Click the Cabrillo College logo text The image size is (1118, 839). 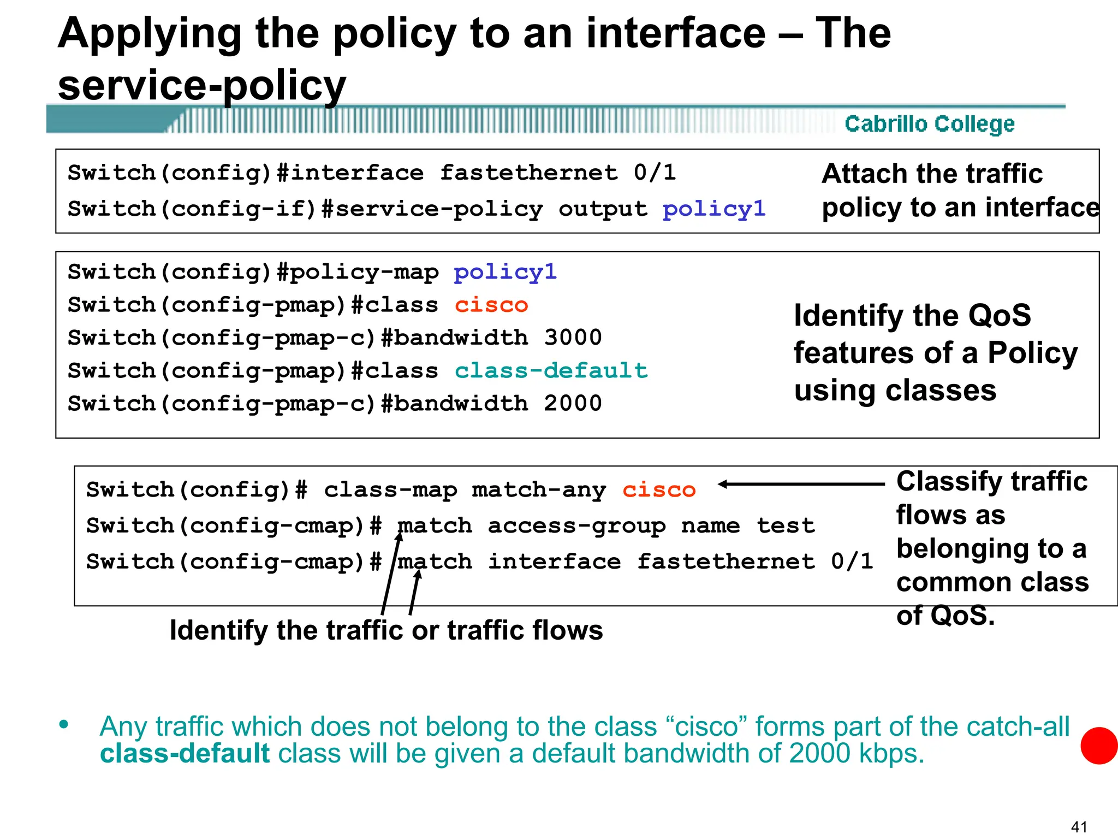(929, 124)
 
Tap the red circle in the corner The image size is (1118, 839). (1099, 746)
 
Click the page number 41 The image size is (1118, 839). (1079, 826)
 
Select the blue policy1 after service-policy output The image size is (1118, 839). (714, 209)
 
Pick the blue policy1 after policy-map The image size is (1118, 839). (505, 271)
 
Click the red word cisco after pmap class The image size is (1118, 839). (491, 305)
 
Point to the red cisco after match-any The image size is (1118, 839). (659, 490)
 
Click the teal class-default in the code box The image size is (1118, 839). (551, 371)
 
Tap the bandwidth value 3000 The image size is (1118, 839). (573, 338)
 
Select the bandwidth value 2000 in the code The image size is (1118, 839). (573, 404)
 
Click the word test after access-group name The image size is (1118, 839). (786, 525)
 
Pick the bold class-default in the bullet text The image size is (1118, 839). (185, 753)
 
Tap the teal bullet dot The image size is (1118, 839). (64, 725)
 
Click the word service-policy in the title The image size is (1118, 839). (202, 86)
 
